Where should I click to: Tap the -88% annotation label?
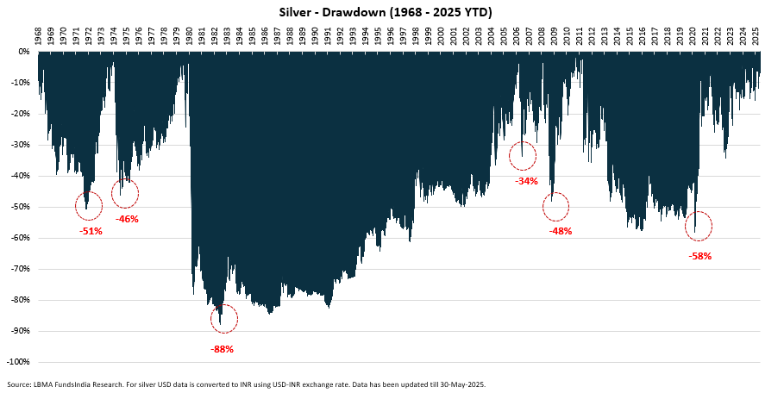(x=223, y=349)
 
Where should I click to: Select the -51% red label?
(x=90, y=231)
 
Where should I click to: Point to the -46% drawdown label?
(x=127, y=219)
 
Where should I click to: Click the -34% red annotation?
(x=526, y=181)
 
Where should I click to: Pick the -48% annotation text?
(x=560, y=231)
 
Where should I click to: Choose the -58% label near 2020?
(x=700, y=256)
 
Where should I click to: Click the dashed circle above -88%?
(x=223, y=320)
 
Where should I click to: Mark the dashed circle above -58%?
(x=699, y=226)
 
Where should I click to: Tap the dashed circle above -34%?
(x=523, y=156)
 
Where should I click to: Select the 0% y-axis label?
(x=23, y=52)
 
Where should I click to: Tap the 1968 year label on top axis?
(x=39, y=35)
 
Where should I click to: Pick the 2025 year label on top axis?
(x=755, y=35)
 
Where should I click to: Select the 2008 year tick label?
(x=542, y=35)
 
